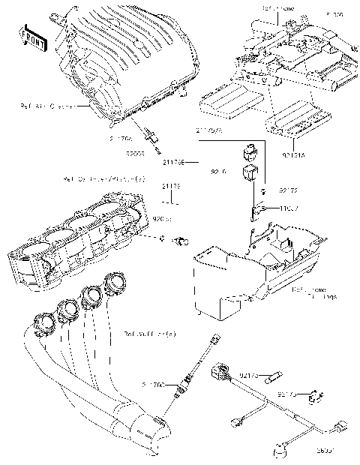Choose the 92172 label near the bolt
(x=289, y=191)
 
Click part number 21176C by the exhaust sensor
(x=154, y=384)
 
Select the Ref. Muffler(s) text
(x=150, y=332)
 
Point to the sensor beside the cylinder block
(x=181, y=241)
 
